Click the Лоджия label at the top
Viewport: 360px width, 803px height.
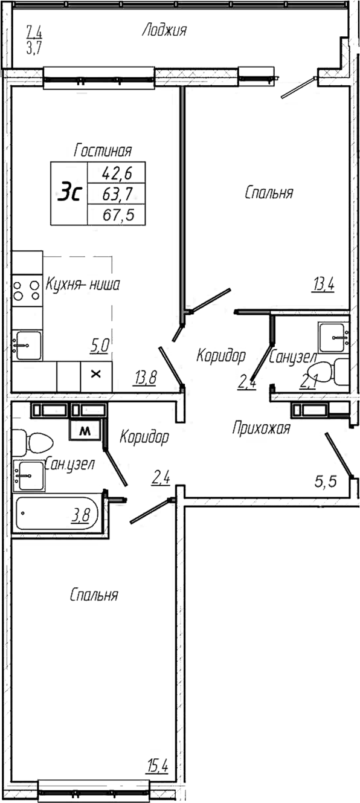[x=164, y=30]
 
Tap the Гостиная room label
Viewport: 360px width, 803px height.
[x=103, y=150]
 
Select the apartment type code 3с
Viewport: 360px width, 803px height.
[x=69, y=193]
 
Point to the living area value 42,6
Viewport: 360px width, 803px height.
[x=117, y=174]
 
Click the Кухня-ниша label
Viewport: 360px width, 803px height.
[x=83, y=284]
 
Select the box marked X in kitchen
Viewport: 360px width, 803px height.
[x=95, y=374]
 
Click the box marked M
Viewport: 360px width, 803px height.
[x=85, y=431]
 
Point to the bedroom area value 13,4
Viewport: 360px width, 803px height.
[x=323, y=283]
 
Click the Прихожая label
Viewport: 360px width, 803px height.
[x=262, y=428]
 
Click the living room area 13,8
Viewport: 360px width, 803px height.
[x=146, y=378]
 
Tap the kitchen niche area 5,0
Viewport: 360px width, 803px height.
[x=99, y=346]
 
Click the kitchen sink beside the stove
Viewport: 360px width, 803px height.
[x=28, y=345]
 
